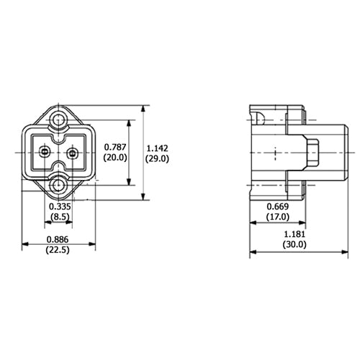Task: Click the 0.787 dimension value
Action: tap(115, 146)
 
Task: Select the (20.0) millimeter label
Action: tap(115, 157)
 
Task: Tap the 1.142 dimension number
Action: tap(157, 146)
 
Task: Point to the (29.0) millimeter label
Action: tap(157, 157)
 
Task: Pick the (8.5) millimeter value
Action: tap(60, 216)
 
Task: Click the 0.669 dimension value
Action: tap(276, 208)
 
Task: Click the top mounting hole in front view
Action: tap(59, 117)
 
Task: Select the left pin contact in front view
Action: tap(46, 152)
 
